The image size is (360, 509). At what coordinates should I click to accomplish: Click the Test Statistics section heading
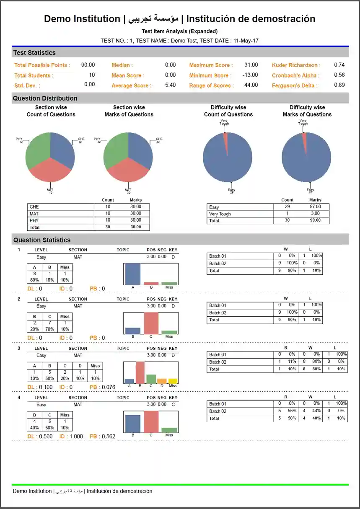point(34,53)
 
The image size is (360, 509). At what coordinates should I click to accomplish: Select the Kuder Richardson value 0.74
point(339,65)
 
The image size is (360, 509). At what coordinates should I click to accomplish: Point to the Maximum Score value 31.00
point(251,65)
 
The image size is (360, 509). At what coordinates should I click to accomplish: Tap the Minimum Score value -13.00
point(250,75)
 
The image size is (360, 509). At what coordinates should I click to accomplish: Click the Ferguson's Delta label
point(295,85)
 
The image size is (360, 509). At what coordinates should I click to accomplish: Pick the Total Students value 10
point(92,75)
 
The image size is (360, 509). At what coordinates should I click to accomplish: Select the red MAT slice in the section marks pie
point(128,170)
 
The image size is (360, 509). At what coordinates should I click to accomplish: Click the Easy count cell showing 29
point(287,207)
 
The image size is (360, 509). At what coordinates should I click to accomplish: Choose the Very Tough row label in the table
point(220,214)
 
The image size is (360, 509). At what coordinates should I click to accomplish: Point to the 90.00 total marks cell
point(315,220)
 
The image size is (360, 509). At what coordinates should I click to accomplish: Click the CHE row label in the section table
point(34,207)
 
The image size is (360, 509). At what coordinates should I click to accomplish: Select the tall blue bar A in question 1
point(133,274)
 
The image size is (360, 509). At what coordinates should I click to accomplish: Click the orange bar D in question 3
point(162,381)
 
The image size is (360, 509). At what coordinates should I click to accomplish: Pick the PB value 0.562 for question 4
point(109,437)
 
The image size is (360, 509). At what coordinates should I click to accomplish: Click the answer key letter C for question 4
point(173,405)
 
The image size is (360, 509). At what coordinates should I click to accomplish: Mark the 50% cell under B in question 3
point(49,379)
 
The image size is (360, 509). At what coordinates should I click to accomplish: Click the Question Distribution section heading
point(45,98)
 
